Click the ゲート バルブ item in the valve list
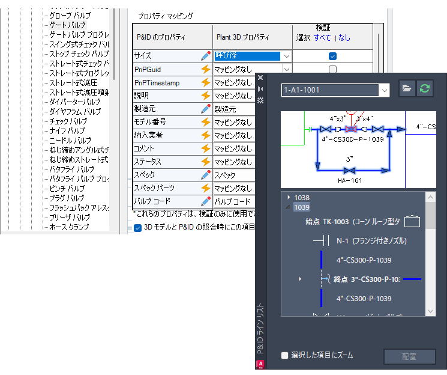[68, 25]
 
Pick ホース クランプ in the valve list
[69, 227]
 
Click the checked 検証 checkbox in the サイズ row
[332, 56]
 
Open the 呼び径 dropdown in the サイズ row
[287, 56]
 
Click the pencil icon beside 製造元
[206, 109]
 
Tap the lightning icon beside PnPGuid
[206, 69]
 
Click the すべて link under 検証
[322, 37]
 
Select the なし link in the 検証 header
[344, 37]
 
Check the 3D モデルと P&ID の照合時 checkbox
[138, 228]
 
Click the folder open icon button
[407, 89]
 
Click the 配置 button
[410, 356]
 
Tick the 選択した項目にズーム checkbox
[285, 355]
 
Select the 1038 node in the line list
[302, 197]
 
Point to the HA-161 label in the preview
[349, 179]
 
